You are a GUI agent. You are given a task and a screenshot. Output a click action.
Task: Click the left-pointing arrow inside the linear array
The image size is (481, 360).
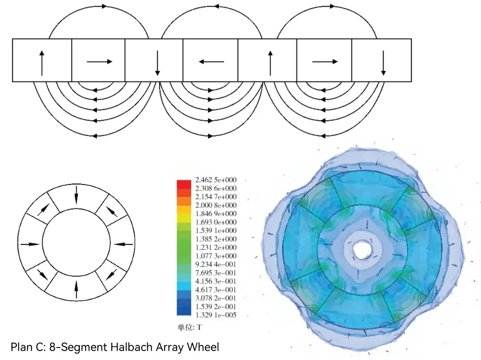point(211,62)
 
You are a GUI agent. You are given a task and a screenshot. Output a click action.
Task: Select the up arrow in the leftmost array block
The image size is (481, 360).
point(42,63)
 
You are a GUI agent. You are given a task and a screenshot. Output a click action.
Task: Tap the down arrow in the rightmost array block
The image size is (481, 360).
point(383,63)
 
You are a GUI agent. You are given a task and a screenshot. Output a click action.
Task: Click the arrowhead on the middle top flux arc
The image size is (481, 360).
point(217,6)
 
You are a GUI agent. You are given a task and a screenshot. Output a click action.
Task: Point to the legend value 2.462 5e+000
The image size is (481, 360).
point(216,180)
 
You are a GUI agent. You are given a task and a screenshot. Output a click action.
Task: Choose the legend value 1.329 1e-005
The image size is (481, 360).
point(216,315)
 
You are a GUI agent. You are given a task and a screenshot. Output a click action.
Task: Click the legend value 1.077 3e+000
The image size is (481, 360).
point(216,256)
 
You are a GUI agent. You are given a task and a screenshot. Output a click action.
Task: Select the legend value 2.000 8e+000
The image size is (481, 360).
point(216,205)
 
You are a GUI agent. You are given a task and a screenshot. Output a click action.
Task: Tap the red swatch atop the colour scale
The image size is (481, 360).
point(184,184)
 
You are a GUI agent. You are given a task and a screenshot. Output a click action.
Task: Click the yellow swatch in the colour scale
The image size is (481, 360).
point(184,218)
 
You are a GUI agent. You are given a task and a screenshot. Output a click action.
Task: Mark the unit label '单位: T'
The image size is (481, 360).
point(190,328)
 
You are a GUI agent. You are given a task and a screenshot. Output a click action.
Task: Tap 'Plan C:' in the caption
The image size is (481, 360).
point(28,347)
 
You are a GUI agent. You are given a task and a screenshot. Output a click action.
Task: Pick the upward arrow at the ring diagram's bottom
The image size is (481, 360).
point(76,290)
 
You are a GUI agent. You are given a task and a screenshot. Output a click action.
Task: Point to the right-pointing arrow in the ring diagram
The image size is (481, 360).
point(29,244)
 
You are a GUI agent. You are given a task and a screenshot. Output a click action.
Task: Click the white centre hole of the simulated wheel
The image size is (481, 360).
point(362,249)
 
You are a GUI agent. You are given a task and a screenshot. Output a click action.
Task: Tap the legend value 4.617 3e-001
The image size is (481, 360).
point(216,290)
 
